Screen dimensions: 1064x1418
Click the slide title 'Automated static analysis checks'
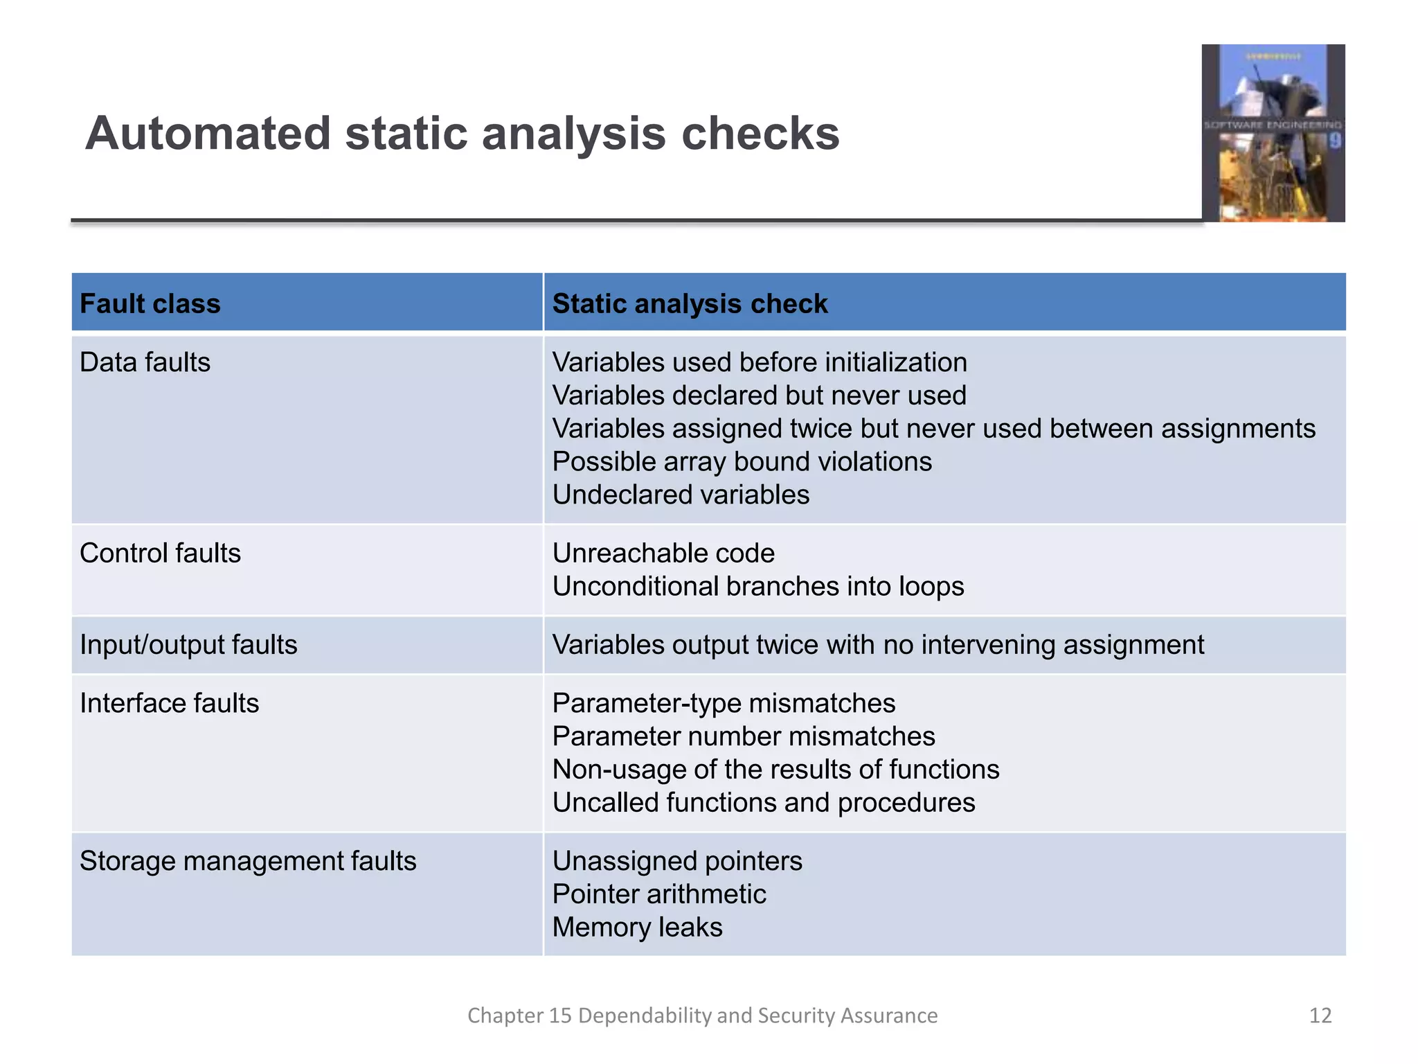(462, 133)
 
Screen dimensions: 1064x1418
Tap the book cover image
(1273, 133)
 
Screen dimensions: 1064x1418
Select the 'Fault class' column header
(150, 303)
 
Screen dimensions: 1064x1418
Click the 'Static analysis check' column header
(690, 303)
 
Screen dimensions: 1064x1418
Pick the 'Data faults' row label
(145, 362)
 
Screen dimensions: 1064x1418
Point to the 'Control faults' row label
(160, 553)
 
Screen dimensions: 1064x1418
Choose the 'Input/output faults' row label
(188, 645)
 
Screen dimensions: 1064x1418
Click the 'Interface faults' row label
(169, 703)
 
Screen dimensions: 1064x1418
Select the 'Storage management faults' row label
(248, 861)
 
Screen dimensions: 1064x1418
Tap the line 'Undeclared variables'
(681, 495)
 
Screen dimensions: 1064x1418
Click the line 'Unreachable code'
(663, 553)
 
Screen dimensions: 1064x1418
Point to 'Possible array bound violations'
(742, 461)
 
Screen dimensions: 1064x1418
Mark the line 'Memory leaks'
(637, 927)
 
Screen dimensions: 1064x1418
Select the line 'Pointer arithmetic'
(659, 894)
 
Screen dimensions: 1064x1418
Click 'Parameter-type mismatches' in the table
(724, 703)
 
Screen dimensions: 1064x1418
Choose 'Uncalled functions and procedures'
(764, 802)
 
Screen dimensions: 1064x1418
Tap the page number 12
(1320, 1016)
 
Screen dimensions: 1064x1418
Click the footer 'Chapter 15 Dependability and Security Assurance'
(702, 1016)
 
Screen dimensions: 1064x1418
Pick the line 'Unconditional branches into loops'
(758, 587)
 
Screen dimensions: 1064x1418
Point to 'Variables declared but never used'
(759, 396)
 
